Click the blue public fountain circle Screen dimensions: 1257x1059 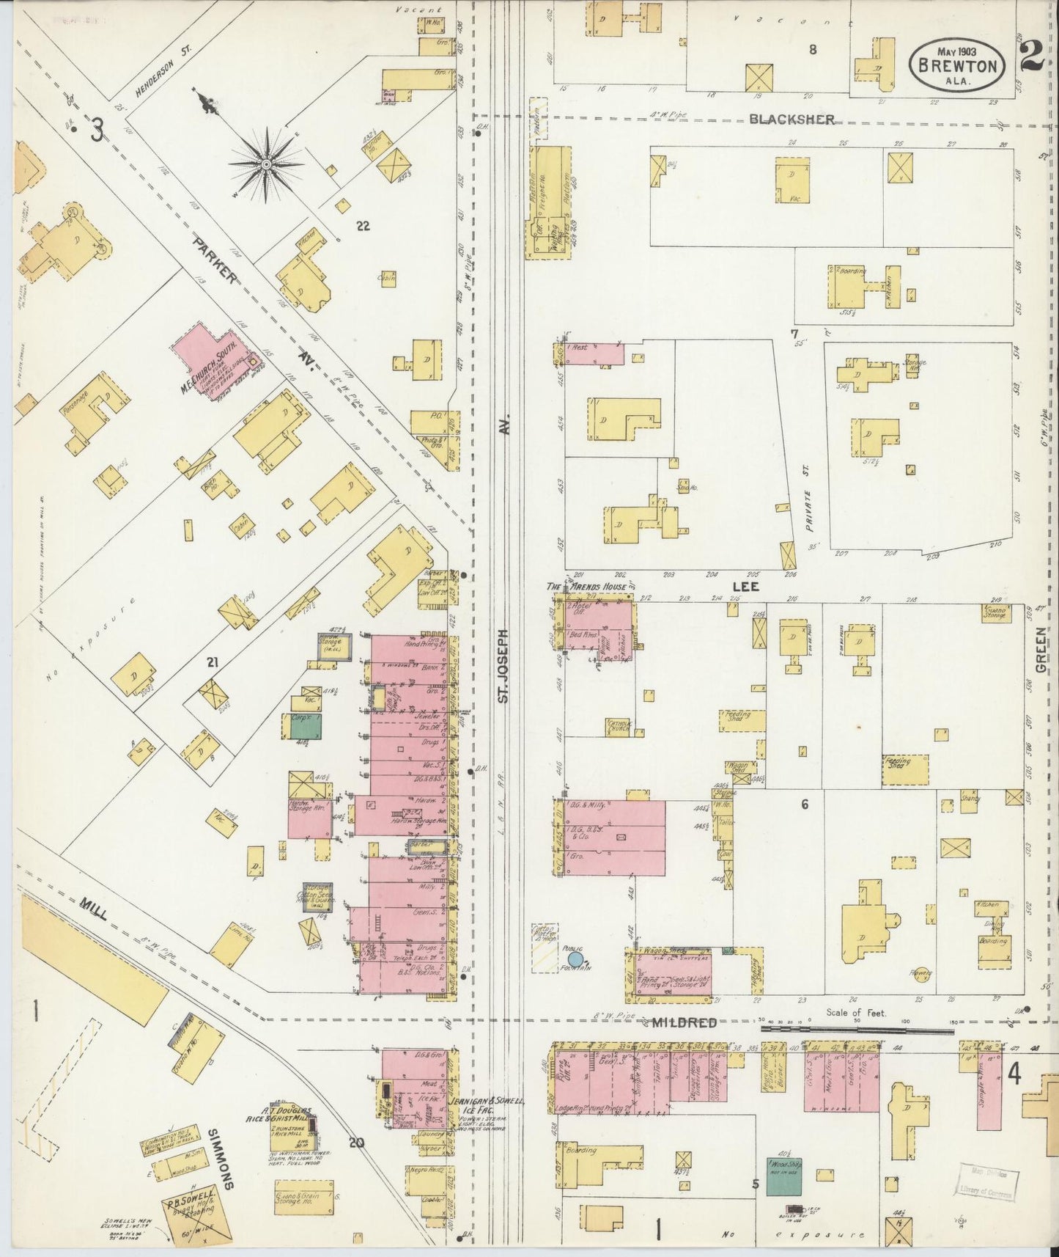tap(576, 958)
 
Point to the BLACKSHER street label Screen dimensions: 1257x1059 tap(791, 120)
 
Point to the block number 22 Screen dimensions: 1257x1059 tap(362, 226)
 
